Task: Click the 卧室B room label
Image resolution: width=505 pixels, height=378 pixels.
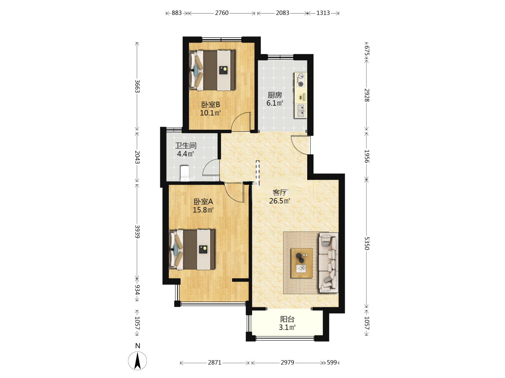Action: click(x=210, y=105)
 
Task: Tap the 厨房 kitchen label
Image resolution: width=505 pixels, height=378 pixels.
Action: click(x=275, y=95)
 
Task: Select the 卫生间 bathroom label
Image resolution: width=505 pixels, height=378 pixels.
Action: click(x=186, y=146)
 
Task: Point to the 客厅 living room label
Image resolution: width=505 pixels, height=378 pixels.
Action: click(x=280, y=192)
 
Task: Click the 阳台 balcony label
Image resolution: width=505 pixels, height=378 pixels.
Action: click(x=287, y=319)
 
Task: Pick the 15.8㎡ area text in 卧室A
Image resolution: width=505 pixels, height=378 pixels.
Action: click(x=203, y=210)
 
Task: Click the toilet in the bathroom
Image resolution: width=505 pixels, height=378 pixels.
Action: click(x=184, y=173)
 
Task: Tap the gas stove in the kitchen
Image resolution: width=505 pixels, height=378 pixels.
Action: click(x=301, y=80)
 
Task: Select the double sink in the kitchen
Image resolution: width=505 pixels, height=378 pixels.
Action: click(x=301, y=111)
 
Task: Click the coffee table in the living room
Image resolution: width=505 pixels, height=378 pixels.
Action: click(x=302, y=263)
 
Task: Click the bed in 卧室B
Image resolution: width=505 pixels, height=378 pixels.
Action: click(x=212, y=70)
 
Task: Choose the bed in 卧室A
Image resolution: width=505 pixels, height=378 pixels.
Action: click(x=192, y=249)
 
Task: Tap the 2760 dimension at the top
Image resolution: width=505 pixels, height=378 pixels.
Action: click(x=222, y=13)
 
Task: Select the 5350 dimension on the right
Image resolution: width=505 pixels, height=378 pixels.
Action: click(x=367, y=244)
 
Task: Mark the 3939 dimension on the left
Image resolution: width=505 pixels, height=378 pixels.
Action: click(x=137, y=232)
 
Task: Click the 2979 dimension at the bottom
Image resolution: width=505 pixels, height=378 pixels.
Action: click(x=287, y=362)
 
